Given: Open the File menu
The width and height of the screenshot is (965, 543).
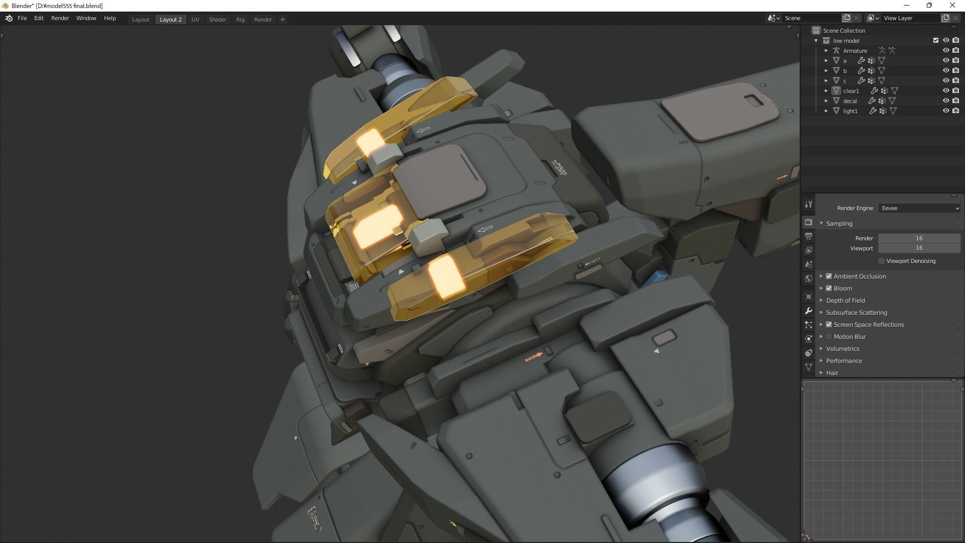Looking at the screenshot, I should coord(22,18).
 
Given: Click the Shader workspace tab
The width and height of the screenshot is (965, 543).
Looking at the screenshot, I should coord(217,20).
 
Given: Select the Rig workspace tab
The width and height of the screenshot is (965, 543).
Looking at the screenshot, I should coord(240,20).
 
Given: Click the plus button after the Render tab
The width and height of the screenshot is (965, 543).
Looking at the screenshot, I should coord(282,20).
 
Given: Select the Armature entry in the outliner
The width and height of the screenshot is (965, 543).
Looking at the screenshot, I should coord(854,51).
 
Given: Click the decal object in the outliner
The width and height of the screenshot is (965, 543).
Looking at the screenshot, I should coord(850,101).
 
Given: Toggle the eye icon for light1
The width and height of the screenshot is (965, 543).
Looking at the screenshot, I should coord(945,111).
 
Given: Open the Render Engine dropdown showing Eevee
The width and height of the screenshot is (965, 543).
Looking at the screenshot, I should coord(919,208).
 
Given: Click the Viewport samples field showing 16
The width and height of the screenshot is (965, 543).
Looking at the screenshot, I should coord(919,248).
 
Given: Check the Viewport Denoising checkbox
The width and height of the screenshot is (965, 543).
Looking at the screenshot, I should coord(882,261).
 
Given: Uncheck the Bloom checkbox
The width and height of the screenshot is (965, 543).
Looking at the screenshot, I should coord(829,289).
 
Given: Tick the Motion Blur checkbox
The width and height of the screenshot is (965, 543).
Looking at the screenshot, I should coord(829,337).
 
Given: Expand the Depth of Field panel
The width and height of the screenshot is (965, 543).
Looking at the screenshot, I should coord(821,301).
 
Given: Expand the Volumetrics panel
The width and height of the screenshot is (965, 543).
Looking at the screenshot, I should coord(821,349).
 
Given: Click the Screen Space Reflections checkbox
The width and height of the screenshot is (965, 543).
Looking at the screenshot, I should coord(829,325).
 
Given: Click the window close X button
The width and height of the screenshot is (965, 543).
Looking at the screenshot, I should coord(952,6).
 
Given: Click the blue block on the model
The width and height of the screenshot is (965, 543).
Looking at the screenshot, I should coord(658,277).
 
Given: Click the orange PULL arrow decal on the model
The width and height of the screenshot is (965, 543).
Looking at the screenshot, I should coord(534,357).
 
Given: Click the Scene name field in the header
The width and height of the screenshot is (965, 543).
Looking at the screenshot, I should coord(812,18).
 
